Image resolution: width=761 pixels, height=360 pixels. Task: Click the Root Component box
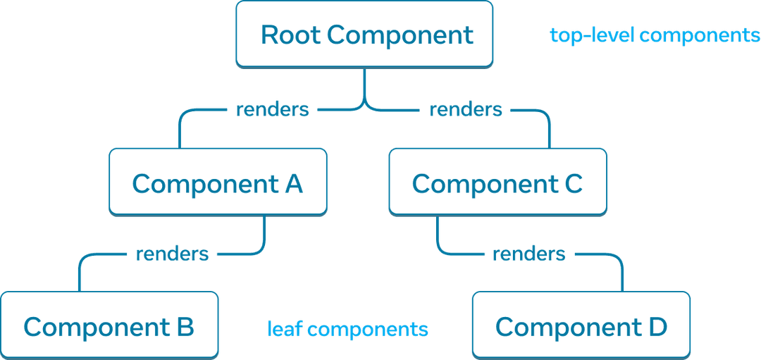(x=364, y=34)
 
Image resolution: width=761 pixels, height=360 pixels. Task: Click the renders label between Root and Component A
(x=271, y=110)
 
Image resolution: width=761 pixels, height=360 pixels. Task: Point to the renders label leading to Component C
(x=465, y=110)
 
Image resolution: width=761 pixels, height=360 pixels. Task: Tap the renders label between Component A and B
(x=172, y=254)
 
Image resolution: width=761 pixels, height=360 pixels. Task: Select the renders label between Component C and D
(x=528, y=254)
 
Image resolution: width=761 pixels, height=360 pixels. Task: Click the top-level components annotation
(x=655, y=35)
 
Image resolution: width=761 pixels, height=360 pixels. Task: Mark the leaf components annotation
(x=347, y=329)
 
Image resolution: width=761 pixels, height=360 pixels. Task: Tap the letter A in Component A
(x=294, y=184)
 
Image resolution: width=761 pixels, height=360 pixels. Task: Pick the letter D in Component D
(x=657, y=327)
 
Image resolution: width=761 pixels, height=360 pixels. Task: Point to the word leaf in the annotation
(x=285, y=329)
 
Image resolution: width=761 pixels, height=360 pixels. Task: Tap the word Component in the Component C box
(x=484, y=184)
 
